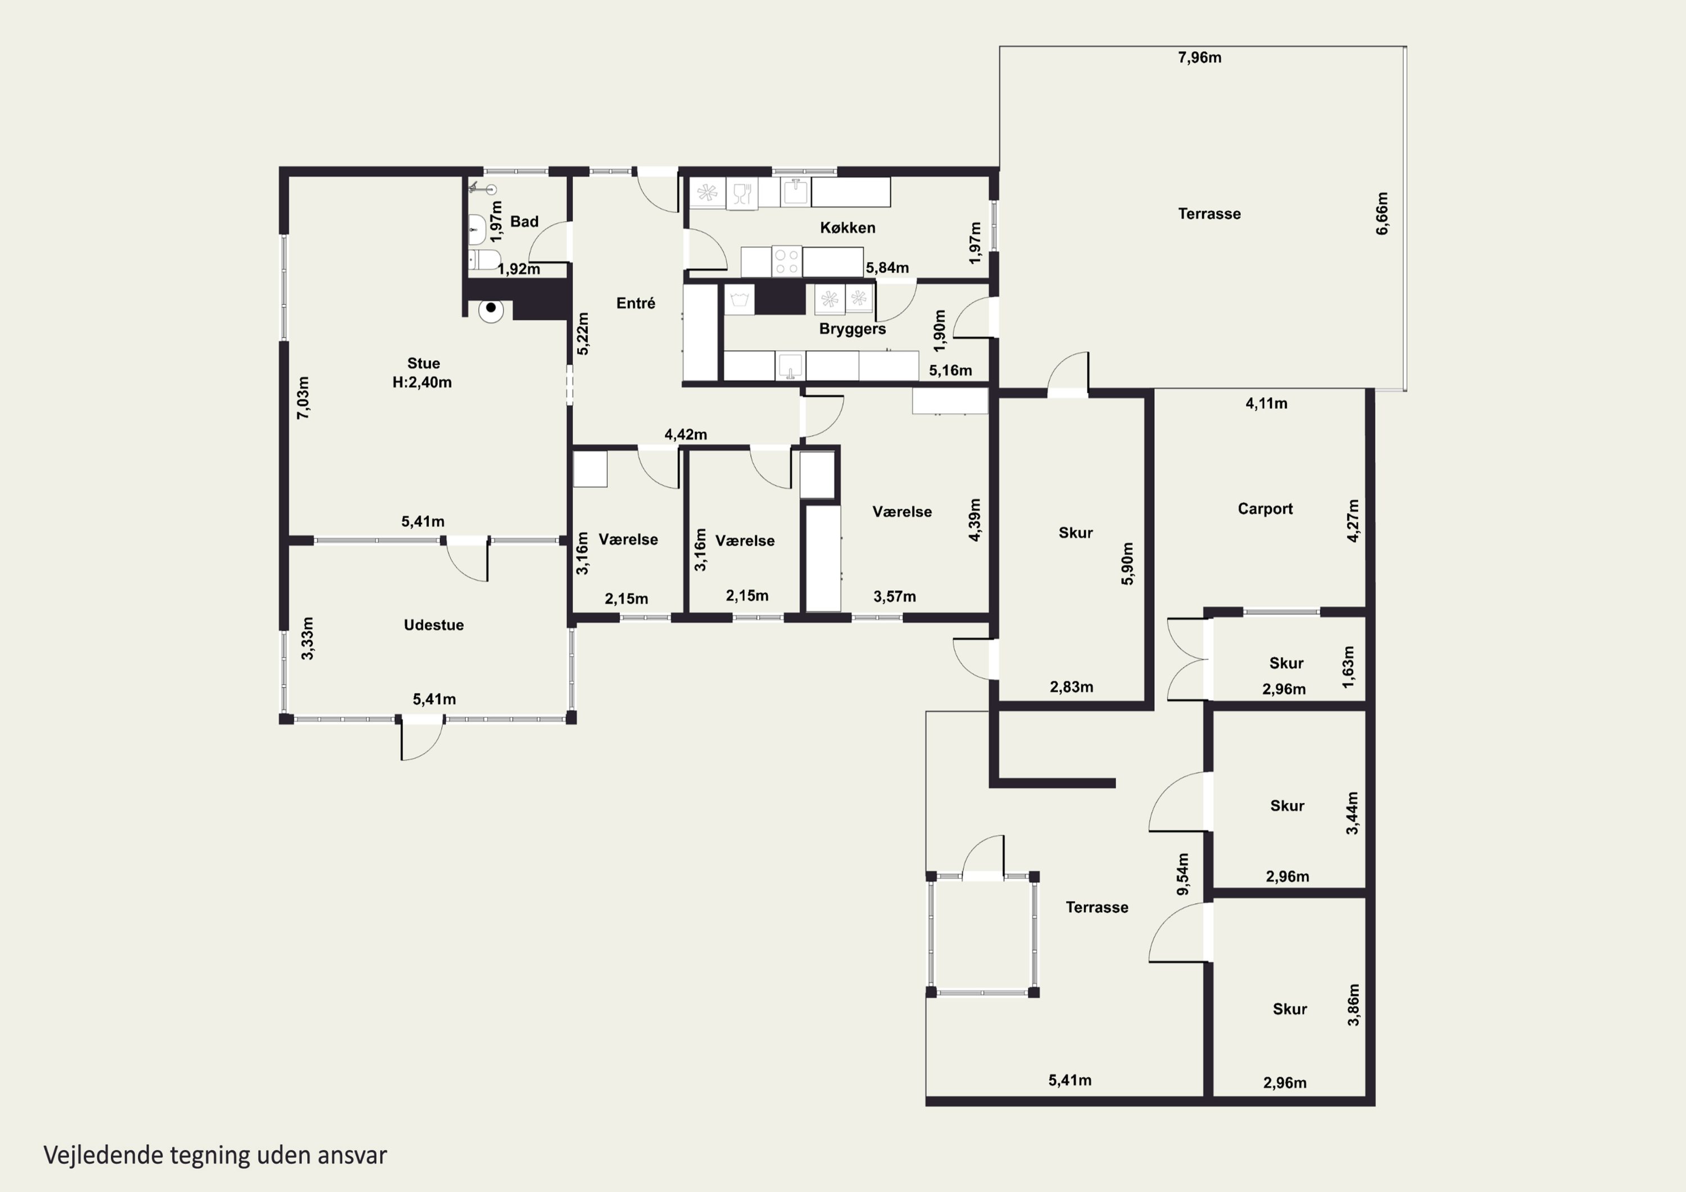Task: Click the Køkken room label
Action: tap(847, 228)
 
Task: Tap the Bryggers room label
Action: tap(853, 329)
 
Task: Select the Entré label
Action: tap(636, 302)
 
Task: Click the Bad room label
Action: tap(524, 221)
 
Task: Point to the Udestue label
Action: tap(434, 625)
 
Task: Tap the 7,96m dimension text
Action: tap(1200, 57)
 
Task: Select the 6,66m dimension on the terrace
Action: tap(1382, 214)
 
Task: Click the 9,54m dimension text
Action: tap(1183, 874)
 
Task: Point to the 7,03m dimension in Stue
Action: tap(302, 397)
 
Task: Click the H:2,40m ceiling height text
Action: tap(422, 383)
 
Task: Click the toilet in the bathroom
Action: tap(484, 259)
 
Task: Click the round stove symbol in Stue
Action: tap(491, 309)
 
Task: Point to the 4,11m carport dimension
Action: tap(1267, 403)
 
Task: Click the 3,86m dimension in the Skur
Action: tap(1353, 1005)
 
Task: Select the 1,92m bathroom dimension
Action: tap(518, 269)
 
